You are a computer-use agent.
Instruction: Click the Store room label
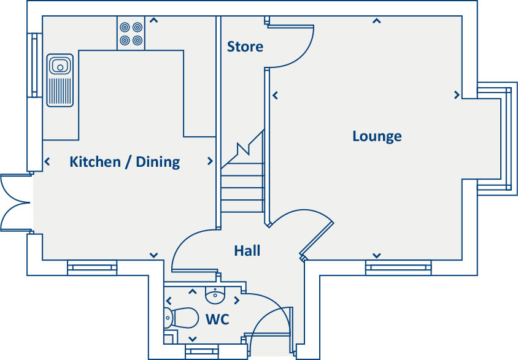(x=245, y=47)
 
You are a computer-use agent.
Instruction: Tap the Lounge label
(x=377, y=136)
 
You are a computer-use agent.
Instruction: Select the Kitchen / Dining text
(x=125, y=162)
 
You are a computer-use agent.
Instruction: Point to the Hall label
(x=247, y=250)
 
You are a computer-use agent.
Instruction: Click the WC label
(x=217, y=320)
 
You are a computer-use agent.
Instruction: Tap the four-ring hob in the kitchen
(x=131, y=34)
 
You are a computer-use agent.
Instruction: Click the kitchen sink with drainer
(x=60, y=80)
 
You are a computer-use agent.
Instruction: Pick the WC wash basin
(x=215, y=296)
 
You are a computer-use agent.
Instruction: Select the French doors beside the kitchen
(x=15, y=202)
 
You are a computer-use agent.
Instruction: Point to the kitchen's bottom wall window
(x=92, y=267)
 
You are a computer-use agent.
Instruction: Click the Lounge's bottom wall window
(x=398, y=267)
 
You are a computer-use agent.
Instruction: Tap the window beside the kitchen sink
(x=32, y=64)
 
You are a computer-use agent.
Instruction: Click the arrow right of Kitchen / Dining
(x=210, y=161)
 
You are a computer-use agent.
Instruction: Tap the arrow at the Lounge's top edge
(x=377, y=21)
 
